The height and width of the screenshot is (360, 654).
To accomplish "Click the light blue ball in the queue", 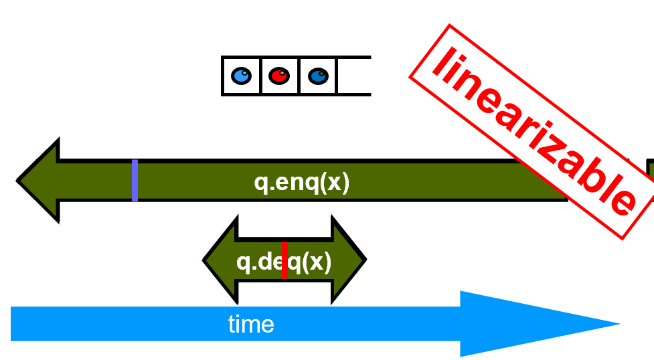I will click(241, 76).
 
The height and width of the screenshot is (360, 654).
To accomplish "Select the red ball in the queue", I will click(279, 76).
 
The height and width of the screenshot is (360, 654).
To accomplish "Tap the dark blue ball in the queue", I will click(318, 76).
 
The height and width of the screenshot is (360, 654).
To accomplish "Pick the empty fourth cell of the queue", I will click(353, 76).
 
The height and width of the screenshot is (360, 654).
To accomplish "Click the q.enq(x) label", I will click(302, 183).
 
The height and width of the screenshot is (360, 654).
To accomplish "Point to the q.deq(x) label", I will click(284, 262).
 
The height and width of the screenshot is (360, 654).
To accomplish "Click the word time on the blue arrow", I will click(251, 325).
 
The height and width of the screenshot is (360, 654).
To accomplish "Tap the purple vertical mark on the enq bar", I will click(135, 181).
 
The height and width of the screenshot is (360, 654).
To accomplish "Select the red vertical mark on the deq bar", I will click(284, 260).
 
